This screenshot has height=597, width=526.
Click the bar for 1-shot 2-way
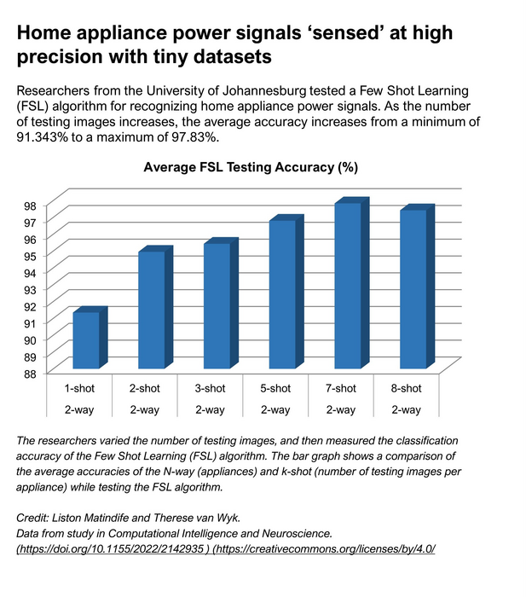pyautogui.click(x=85, y=341)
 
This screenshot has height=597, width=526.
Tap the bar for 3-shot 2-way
pyautogui.click(x=216, y=306)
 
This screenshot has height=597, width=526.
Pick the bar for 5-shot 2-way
pyautogui.click(x=281, y=294)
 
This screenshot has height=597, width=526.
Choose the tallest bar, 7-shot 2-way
pyautogui.click(x=347, y=286)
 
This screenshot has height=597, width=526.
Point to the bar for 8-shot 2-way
pyautogui.click(x=412, y=289)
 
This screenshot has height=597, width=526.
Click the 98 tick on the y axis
pyautogui.click(x=54, y=206)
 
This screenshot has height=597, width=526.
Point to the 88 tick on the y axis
pyautogui.click(x=54, y=373)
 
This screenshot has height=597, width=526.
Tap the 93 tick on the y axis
pyautogui.click(x=54, y=289)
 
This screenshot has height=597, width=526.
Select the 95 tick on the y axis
pyautogui.click(x=54, y=256)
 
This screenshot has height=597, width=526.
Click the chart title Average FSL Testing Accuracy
pyautogui.click(x=249, y=168)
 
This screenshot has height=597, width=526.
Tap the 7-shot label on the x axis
pyautogui.click(x=341, y=389)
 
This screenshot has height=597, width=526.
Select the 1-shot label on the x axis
pyautogui.click(x=79, y=389)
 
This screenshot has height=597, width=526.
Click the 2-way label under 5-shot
pyautogui.click(x=275, y=410)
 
